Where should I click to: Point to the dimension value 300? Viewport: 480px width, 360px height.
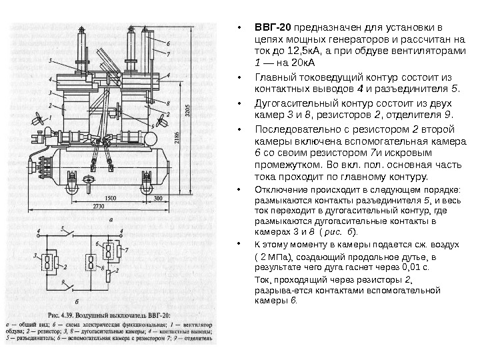pyautogui.click(x=157, y=198)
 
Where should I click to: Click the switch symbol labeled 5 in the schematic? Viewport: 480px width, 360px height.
pyautogui.click(x=71, y=234)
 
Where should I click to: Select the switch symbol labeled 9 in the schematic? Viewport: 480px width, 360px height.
pyautogui.click(x=71, y=287)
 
